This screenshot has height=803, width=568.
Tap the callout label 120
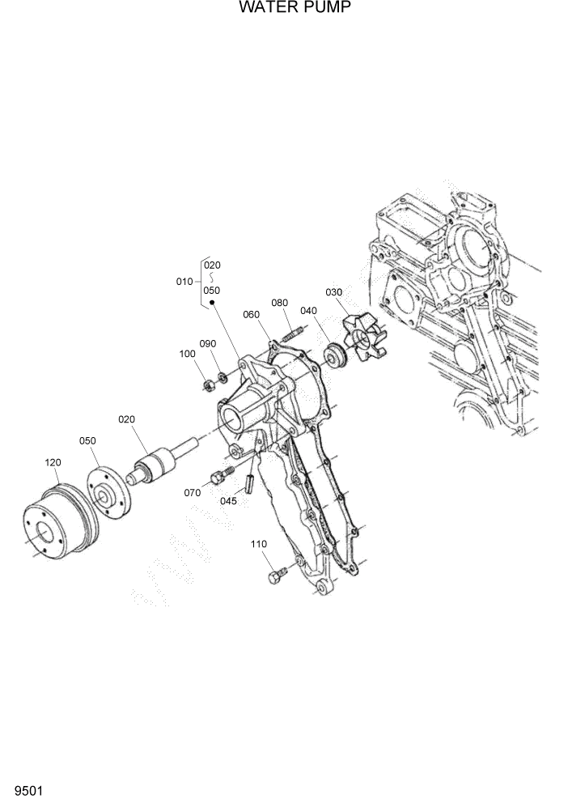tap(53, 462)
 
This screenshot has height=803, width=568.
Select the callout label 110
tap(259, 544)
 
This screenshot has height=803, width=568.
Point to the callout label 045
tap(230, 500)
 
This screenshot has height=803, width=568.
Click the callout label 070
tap(192, 491)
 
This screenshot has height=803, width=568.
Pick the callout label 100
tap(188, 353)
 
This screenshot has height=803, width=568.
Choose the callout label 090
tap(209, 343)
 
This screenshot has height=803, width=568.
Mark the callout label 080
tap(280, 303)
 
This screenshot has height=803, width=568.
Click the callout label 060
tap(251, 314)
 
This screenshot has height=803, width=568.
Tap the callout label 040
tap(308, 310)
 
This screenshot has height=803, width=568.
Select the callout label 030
tap(334, 291)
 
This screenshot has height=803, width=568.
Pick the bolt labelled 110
tap(276, 576)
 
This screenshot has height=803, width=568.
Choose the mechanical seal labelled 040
tap(333, 354)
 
